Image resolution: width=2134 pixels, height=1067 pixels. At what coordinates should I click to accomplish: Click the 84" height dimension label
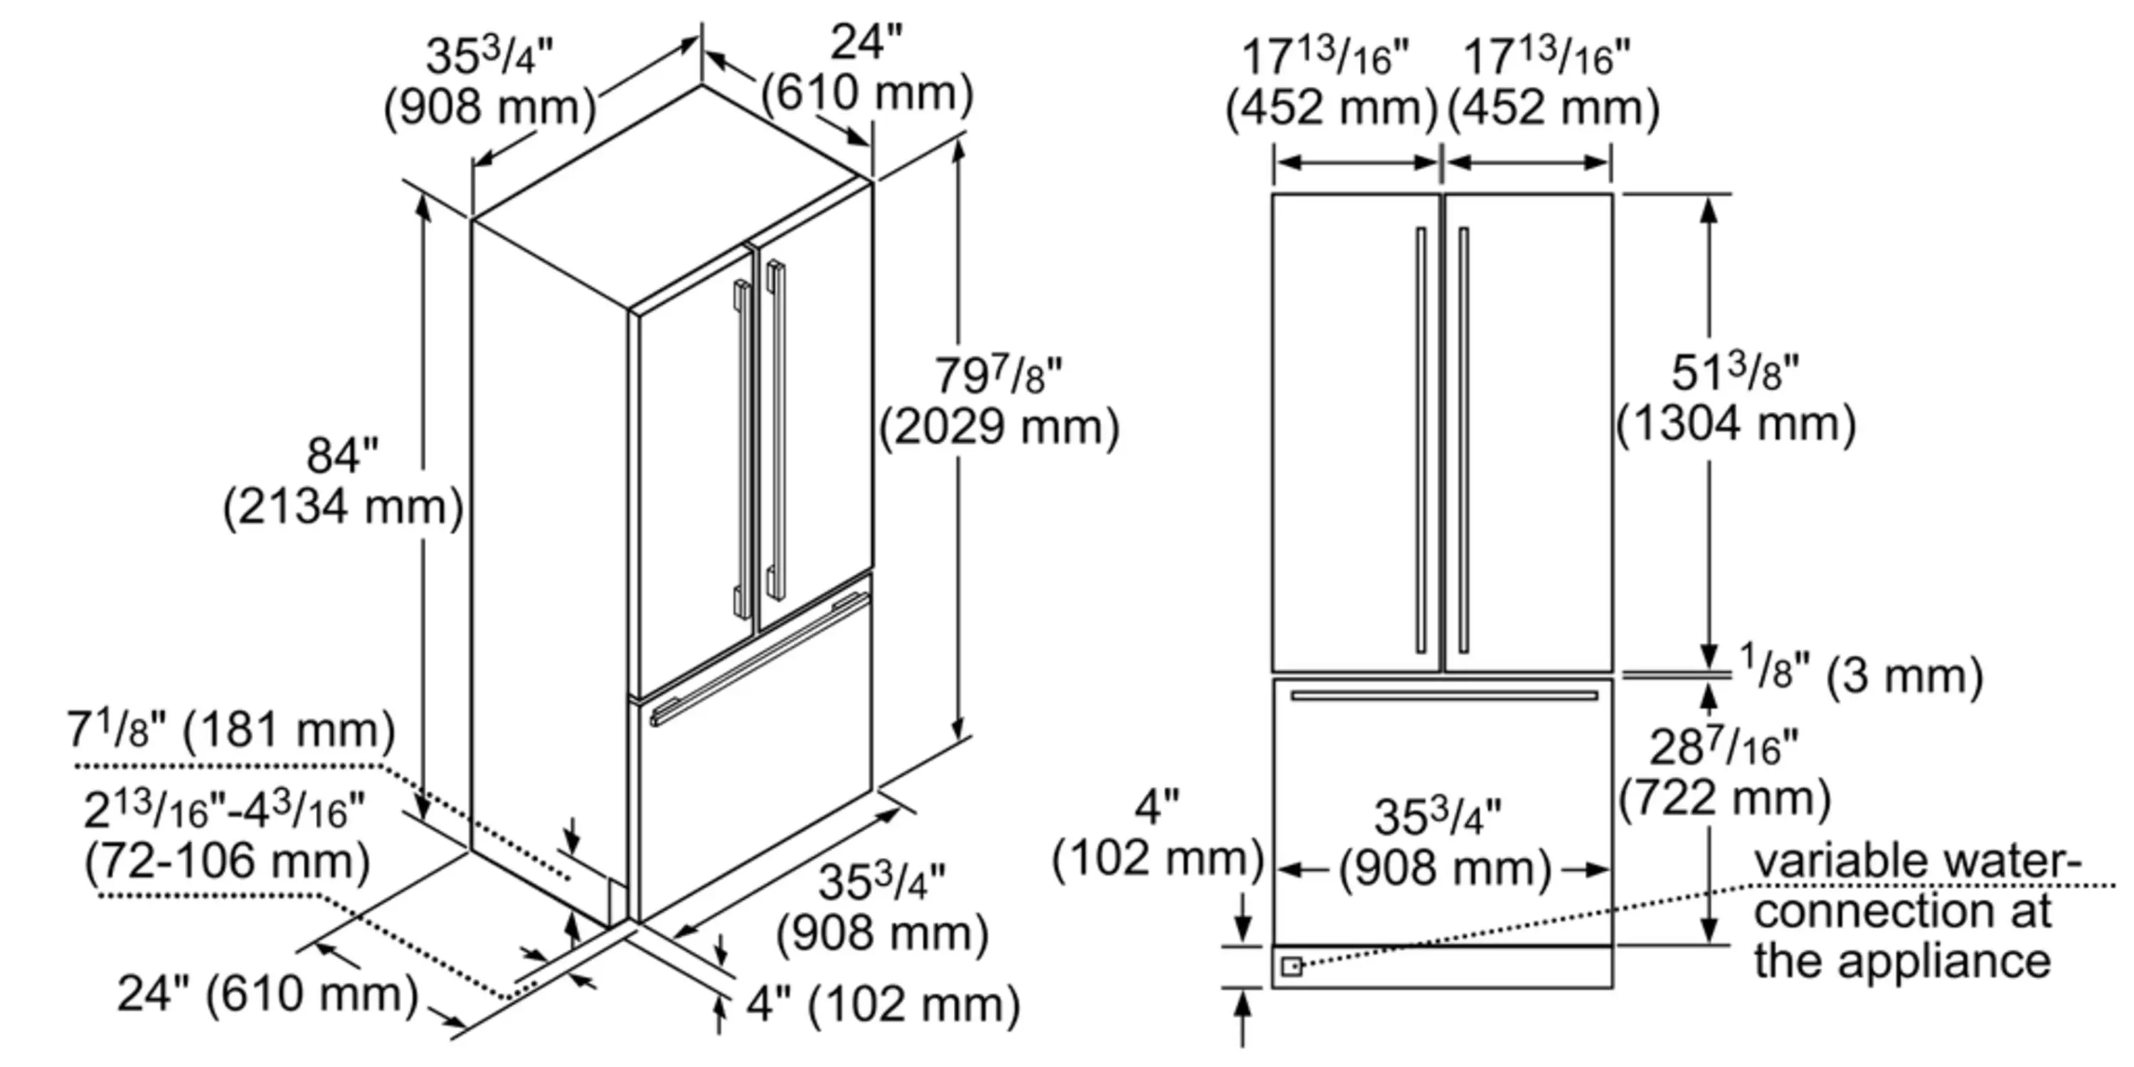click(341, 456)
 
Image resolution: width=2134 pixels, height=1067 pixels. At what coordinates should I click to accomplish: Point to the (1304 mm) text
click(1736, 424)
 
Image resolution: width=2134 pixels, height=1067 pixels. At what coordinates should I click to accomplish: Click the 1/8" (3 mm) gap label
click(1861, 675)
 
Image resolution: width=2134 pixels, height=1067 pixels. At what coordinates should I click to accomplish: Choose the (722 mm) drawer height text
click(1724, 799)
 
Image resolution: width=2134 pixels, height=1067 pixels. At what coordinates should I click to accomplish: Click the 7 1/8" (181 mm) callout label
click(230, 731)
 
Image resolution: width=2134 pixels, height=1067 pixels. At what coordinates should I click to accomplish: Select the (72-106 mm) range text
click(227, 861)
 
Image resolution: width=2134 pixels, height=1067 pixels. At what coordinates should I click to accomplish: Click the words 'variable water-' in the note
click(1917, 861)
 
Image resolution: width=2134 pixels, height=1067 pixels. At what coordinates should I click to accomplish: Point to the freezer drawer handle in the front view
click(1444, 695)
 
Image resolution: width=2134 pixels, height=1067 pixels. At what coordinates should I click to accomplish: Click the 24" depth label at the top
click(866, 41)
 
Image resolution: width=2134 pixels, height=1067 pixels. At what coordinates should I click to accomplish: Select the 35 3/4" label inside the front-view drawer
click(1438, 816)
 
